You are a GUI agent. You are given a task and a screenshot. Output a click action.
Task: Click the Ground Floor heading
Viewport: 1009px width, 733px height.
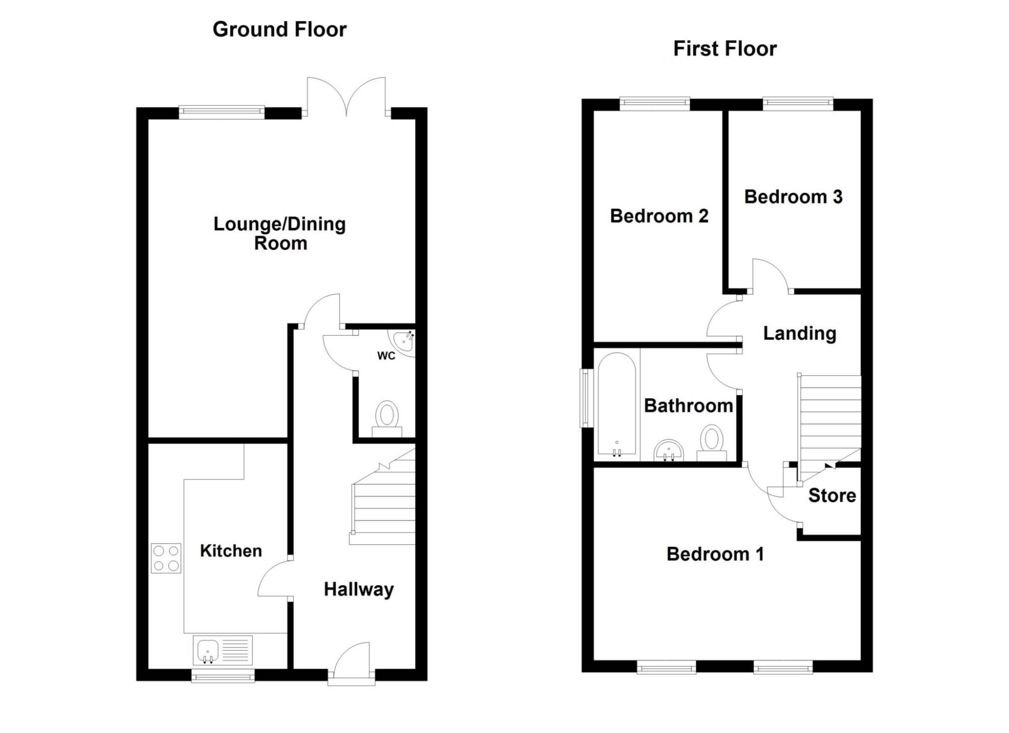(279, 29)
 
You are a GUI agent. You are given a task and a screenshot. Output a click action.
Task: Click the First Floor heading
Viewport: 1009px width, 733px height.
(725, 48)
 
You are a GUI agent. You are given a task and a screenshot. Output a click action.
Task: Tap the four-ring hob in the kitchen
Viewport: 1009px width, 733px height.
(166, 558)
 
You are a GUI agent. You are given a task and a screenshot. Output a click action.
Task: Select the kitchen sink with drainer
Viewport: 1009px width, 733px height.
(222, 650)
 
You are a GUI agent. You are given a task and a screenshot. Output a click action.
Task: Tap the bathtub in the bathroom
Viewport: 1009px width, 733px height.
(616, 403)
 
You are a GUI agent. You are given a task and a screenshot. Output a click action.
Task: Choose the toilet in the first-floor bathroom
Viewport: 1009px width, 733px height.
(712, 443)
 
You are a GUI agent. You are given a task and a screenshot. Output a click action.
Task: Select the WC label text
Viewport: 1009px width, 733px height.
(386, 356)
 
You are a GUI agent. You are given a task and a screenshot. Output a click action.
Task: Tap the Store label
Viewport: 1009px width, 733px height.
(832, 496)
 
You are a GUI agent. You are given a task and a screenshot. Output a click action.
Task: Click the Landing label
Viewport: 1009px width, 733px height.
(800, 333)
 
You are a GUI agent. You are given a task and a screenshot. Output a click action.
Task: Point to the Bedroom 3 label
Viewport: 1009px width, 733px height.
(793, 197)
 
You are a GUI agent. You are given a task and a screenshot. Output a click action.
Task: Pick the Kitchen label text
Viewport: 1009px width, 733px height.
(231, 551)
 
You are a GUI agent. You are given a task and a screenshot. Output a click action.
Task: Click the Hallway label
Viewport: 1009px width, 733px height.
(359, 589)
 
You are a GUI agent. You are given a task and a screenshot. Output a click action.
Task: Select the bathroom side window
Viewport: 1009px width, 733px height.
(587, 398)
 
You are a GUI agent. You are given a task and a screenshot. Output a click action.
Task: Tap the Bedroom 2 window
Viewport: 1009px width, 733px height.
(654, 104)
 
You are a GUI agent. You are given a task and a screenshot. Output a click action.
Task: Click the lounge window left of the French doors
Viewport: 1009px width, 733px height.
(221, 112)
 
